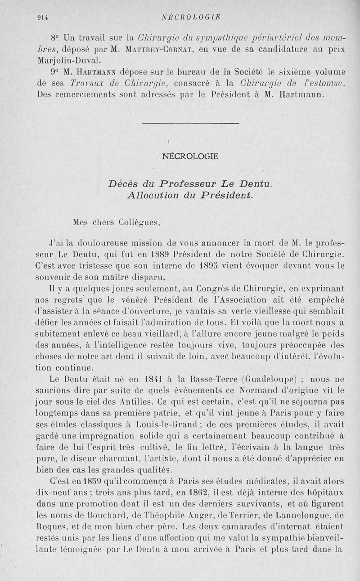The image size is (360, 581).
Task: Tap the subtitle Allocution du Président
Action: pos(190,195)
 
